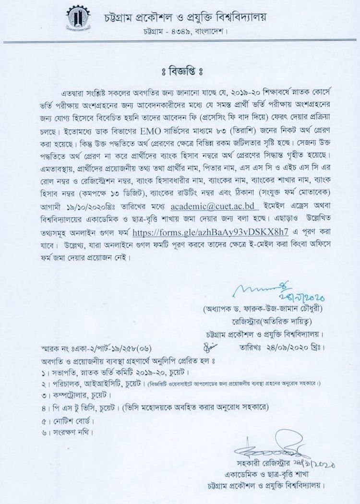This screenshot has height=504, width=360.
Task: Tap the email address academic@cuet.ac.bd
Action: [x=209, y=207]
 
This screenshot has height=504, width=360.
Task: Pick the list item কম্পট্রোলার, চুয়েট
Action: [x=79, y=396]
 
